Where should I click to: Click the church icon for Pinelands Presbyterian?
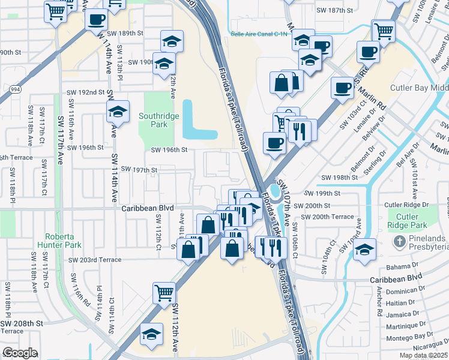pyautogui.click(x=400, y=242)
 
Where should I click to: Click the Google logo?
pyautogui.click(x=20, y=353)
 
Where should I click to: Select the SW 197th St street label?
pyautogui.click(x=139, y=170)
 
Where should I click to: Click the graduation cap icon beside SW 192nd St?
pyautogui.click(x=118, y=111)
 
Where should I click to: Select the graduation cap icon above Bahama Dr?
pyautogui.click(x=364, y=250)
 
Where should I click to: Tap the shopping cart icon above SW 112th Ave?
pyautogui.click(x=164, y=293)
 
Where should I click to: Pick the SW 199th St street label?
pyautogui.click(x=322, y=193)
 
